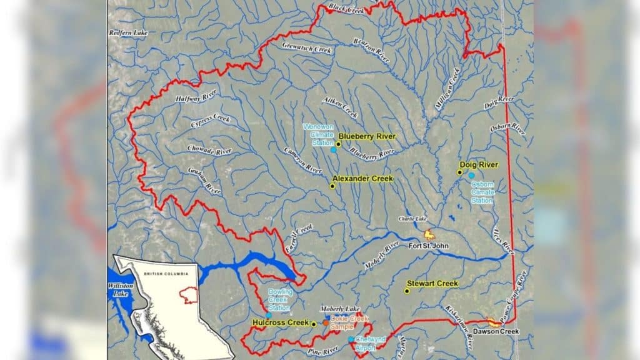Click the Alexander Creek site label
click(x=362, y=179)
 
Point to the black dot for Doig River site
click(x=459, y=172)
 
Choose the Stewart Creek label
click(x=432, y=284)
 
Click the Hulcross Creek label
click(x=281, y=322)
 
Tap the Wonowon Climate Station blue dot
click(x=333, y=150)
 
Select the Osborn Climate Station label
click(x=482, y=192)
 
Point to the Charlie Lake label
click(x=412, y=219)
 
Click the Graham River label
click(x=204, y=181)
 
